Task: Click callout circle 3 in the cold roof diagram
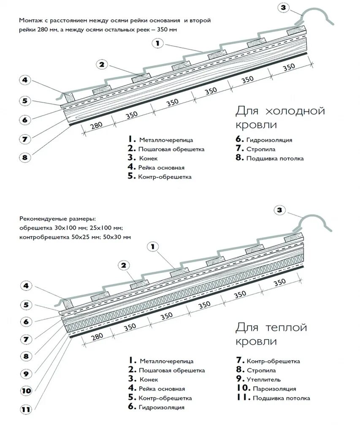pos(283,7)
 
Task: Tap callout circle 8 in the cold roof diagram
pos(25,157)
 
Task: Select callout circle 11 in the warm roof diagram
pos(26,409)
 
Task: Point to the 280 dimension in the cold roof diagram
pos(97,125)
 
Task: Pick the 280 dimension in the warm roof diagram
pos(97,336)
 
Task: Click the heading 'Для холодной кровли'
pos(280,118)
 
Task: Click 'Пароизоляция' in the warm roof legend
pos(274,389)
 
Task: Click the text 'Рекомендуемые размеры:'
pos(57,219)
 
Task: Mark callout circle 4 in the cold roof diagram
pos(25,80)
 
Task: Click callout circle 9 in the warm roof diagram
pos(26,373)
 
